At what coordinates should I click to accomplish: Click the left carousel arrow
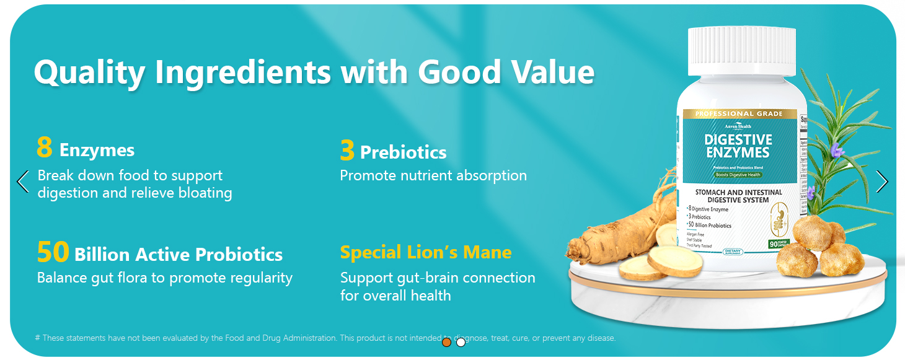[23, 182]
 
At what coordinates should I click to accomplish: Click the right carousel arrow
[882, 182]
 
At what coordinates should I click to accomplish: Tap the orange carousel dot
[446, 342]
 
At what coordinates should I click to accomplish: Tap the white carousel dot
[461, 342]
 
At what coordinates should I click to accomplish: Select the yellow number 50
[53, 253]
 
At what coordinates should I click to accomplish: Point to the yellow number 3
[347, 151]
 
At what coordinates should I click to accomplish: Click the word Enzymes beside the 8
[97, 151]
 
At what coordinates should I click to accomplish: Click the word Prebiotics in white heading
[403, 152]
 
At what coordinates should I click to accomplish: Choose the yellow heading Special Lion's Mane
[426, 253]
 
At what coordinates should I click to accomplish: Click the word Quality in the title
[89, 73]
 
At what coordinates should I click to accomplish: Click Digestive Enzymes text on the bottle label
[738, 146]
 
